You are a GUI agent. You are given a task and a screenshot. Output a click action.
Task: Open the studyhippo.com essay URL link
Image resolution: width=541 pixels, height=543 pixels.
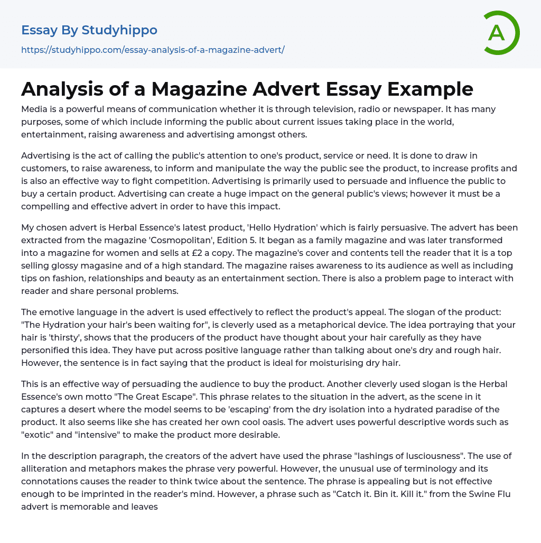153,50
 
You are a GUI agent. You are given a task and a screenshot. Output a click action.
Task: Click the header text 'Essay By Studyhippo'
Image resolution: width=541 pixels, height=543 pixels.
89,30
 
